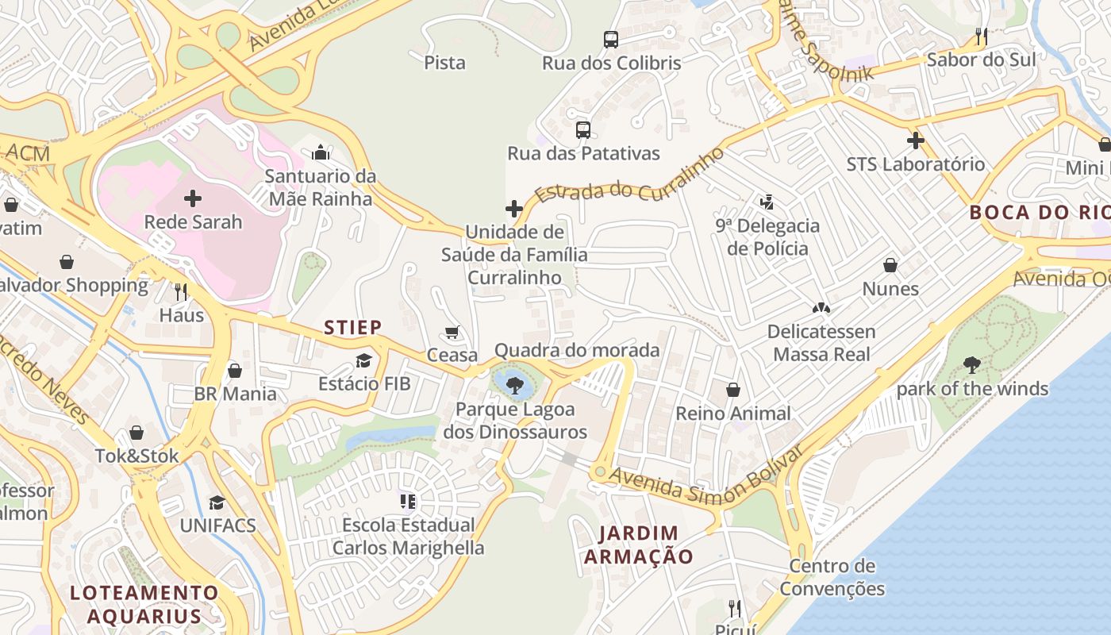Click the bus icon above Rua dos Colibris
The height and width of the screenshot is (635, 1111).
click(x=610, y=39)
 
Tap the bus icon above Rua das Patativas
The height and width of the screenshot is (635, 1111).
click(x=583, y=129)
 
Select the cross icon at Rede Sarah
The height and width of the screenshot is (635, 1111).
click(x=193, y=198)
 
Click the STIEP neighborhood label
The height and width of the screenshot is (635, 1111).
click(x=353, y=327)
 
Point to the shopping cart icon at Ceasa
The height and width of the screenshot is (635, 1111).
click(x=452, y=332)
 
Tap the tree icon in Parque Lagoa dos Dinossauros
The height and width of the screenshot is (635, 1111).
click(x=515, y=387)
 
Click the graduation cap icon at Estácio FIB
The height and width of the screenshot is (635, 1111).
click(x=363, y=360)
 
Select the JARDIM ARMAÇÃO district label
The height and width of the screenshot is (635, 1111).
click(x=639, y=545)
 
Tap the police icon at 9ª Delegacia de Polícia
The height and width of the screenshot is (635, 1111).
click(x=767, y=202)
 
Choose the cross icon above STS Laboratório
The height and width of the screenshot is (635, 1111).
click(x=915, y=141)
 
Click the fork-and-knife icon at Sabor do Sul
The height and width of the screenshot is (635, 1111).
click(x=982, y=37)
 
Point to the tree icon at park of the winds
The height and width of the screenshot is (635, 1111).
click(x=972, y=365)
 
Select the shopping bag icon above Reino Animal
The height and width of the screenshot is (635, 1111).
click(x=733, y=390)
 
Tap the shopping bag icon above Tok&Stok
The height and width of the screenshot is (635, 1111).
click(x=136, y=433)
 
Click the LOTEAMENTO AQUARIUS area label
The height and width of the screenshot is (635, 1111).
click(x=144, y=604)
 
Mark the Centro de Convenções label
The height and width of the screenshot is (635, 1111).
click(x=832, y=577)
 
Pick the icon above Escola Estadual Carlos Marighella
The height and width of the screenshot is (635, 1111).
click(x=408, y=501)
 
